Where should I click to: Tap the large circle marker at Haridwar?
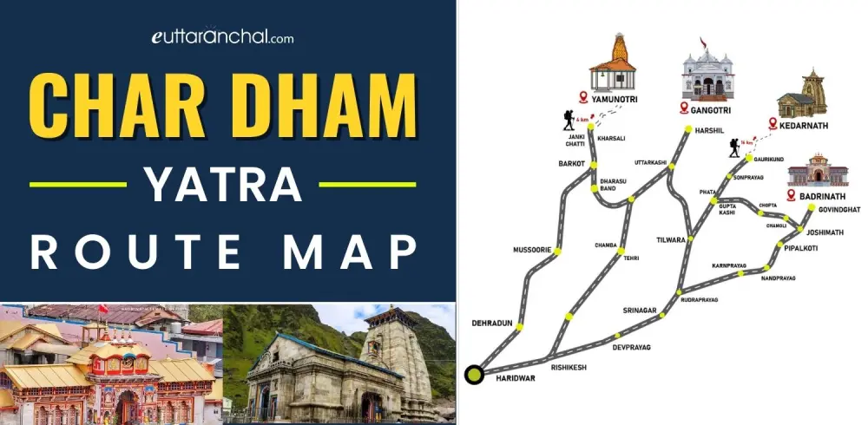point(475,375)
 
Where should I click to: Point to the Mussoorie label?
point(529,249)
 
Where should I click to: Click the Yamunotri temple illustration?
point(614,64)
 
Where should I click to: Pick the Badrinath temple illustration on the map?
point(814,171)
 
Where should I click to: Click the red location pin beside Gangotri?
point(685,108)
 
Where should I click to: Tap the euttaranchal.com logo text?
point(223,37)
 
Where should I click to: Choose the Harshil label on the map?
point(709,131)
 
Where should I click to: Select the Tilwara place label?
point(672,239)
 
